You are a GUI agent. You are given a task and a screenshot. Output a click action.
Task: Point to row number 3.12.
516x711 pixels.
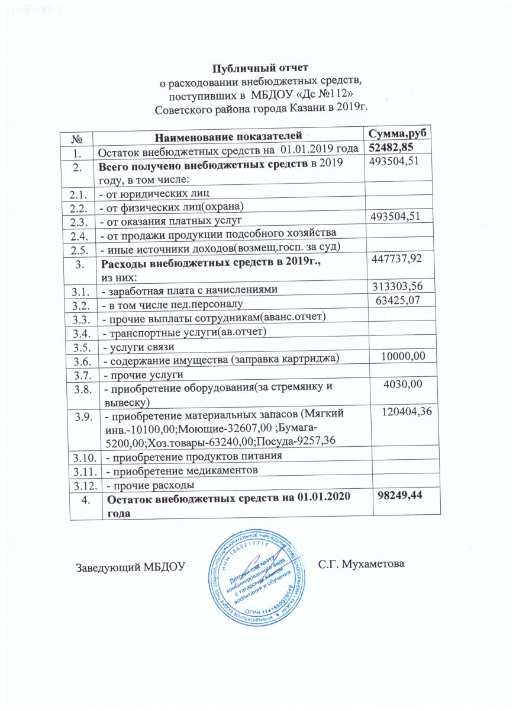[84, 485]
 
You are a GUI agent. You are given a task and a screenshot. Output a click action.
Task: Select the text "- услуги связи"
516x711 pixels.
[140, 346]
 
